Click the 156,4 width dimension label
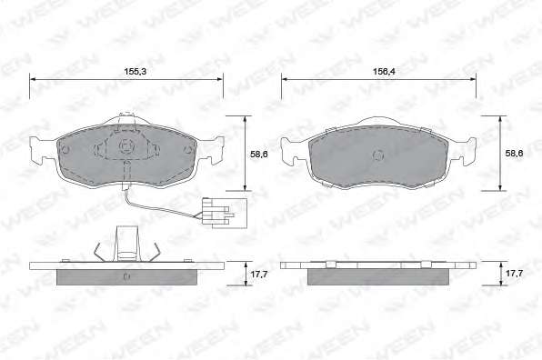[x=384, y=72]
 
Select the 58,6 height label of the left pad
[x=259, y=154]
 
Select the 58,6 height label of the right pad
[x=515, y=154]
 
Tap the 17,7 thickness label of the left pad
[x=259, y=275]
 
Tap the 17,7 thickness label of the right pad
[x=515, y=274]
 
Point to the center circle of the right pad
[x=378, y=155]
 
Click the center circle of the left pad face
[x=125, y=146]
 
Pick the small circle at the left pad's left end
[x=65, y=150]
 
